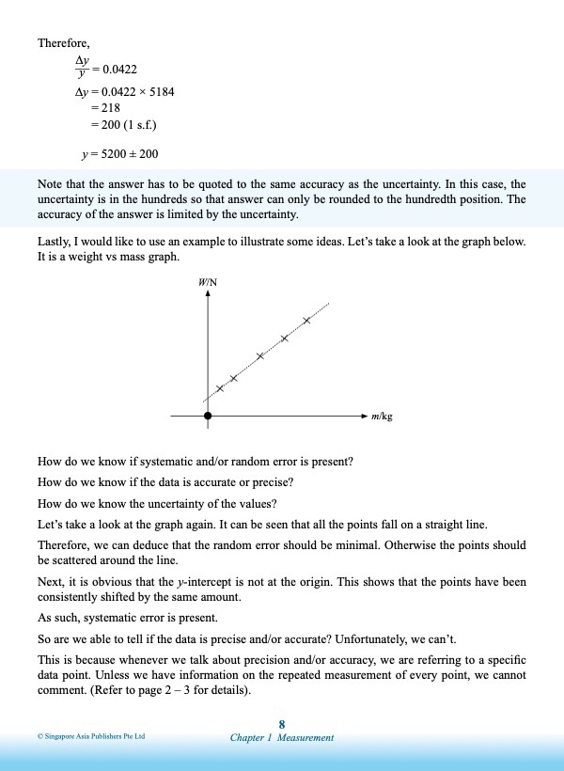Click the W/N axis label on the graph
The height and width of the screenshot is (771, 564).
pyautogui.click(x=208, y=281)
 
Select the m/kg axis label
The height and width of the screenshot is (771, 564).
pyautogui.click(x=382, y=415)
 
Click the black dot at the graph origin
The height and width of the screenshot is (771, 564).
pyautogui.click(x=208, y=415)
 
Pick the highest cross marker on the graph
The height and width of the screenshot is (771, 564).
pyautogui.click(x=306, y=321)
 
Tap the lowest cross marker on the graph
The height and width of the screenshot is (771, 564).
pyautogui.click(x=220, y=388)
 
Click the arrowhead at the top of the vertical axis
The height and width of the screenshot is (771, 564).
pyautogui.click(x=208, y=293)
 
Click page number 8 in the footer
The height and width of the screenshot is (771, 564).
pyautogui.click(x=282, y=723)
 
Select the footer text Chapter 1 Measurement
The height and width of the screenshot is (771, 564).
pyautogui.click(x=282, y=738)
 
